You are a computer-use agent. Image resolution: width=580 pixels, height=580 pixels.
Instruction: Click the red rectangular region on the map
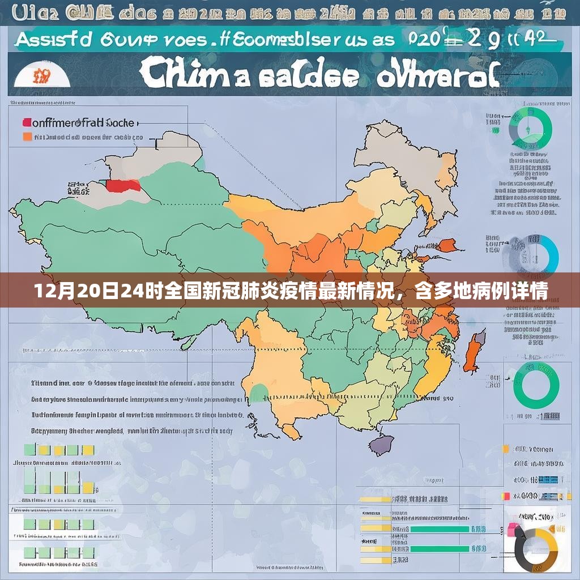(x=124, y=186)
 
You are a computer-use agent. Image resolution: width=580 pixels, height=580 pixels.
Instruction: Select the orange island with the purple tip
(x=474, y=351)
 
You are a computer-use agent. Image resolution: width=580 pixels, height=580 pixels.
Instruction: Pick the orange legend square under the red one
(x=27, y=137)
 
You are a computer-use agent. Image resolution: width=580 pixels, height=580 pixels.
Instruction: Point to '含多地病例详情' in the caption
(x=481, y=293)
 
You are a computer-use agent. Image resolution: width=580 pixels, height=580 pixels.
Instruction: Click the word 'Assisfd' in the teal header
(x=53, y=40)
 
